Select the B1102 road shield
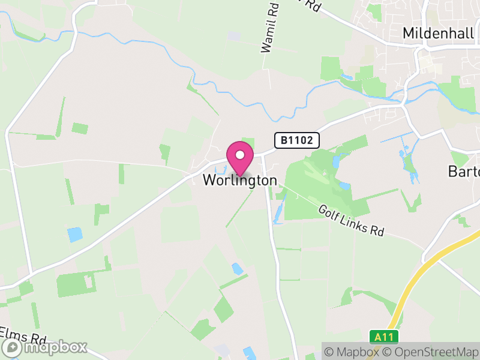point(297,140)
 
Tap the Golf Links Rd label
point(350,220)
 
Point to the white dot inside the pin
point(240,155)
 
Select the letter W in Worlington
point(209,180)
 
